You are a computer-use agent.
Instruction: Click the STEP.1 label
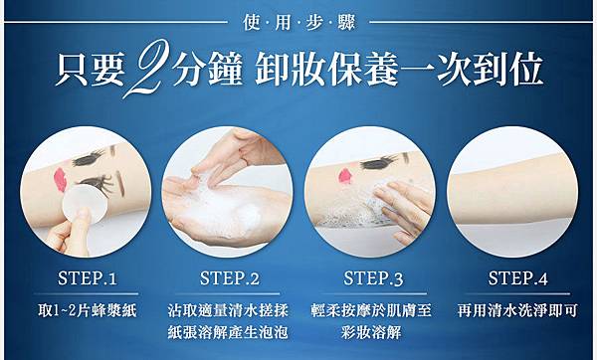[x=88, y=278]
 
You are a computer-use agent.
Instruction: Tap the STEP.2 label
[x=230, y=278]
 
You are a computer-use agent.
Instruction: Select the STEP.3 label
[x=373, y=278]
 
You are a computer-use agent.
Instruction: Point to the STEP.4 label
[x=517, y=278]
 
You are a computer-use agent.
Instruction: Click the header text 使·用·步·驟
[x=298, y=22]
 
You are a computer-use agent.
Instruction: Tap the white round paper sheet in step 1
[x=85, y=204]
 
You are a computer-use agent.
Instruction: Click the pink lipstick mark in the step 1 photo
[x=60, y=179]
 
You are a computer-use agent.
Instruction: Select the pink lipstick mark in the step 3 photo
[x=345, y=176]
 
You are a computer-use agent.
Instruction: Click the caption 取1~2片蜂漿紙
[x=88, y=310]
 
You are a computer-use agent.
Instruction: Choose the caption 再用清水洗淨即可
[x=517, y=310]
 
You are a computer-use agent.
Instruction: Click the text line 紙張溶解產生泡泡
[x=228, y=332]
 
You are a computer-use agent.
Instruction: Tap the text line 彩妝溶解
[x=371, y=332]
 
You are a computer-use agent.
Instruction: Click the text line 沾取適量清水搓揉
[x=228, y=310]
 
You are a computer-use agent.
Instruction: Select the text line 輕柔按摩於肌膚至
[x=371, y=310]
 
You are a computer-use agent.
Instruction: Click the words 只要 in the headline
[x=90, y=69]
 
